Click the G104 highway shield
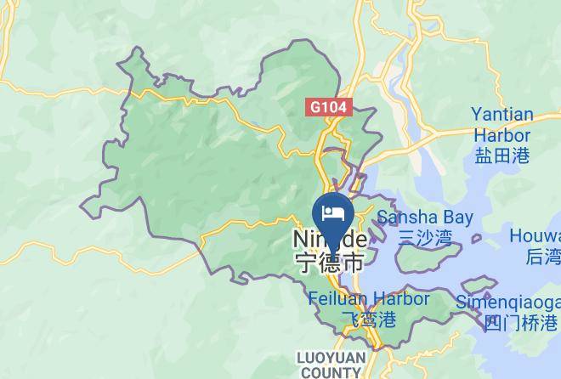tap(330, 108)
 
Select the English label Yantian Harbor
tap(501, 125)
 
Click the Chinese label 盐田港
tap(501, 155)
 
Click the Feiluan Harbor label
tap(368, 299)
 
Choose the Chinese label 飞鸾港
tap(368, 320)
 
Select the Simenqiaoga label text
tap(507, 302)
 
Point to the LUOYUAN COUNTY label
tap(329, 365)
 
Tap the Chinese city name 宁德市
tap(329, 262)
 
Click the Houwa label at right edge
tap(535, 235)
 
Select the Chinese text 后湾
tap(542, 257)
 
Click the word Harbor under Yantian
tap(501, 135)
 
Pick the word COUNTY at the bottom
tap(329, 372)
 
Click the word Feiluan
tap(335, 299)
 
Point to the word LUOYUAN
tap(329, 358)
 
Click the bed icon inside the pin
tap(331, 209)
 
